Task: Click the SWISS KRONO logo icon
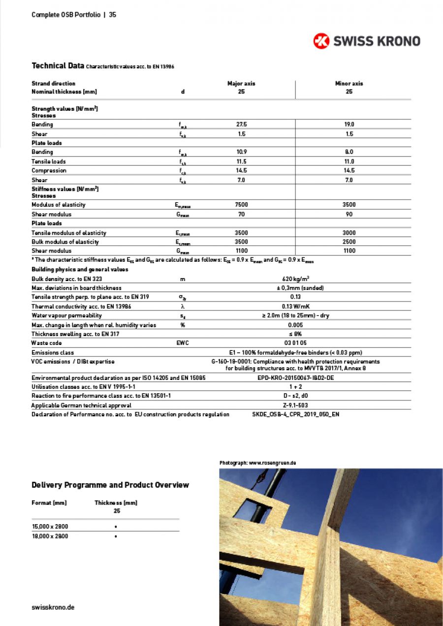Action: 321,41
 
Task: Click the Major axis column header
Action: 241,83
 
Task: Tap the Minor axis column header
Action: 349,83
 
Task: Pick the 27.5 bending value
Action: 241,125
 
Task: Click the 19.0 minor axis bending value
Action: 349,125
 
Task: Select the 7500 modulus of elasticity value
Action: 241,205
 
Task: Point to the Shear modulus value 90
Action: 349,214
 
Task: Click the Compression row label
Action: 49,170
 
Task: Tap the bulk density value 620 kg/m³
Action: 295,279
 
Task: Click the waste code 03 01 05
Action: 295,343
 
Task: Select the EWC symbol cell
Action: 182,343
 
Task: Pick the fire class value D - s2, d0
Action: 295,396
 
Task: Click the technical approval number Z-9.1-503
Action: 295,405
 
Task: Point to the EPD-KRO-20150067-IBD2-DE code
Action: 295,377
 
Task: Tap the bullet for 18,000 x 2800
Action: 115,536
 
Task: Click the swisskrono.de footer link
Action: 53,607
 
